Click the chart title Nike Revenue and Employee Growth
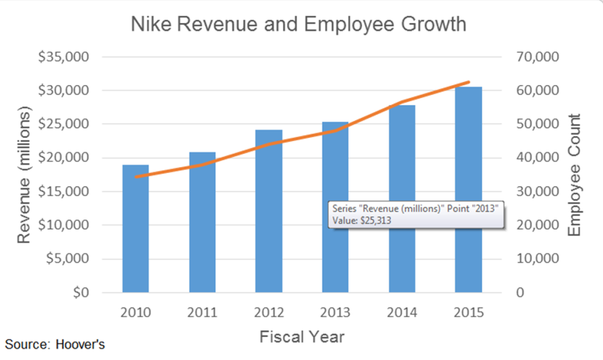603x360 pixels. (x=298, y=25)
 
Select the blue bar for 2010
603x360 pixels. (x=136, y=229)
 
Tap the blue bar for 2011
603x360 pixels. (x=202, y=223)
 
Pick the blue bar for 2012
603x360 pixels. (x=268, y=211)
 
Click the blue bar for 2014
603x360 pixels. (x=402, y=199)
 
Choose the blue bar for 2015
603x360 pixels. (x=468, y=190)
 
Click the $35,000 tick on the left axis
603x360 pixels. (x=63, y=57)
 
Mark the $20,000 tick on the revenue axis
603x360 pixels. (x=63, y=158)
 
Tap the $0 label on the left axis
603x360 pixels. (x=78, y=293)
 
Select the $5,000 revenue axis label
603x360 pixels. (x=66, y=259)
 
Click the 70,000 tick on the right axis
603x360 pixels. (x=535, y=57)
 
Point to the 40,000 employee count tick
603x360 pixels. (x=535, y=158)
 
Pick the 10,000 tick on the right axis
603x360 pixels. (x=535, y=259)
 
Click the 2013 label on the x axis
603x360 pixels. (x=335, y=313)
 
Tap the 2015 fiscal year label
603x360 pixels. (x=468, y=313)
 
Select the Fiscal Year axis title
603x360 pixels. (x=302, y=336)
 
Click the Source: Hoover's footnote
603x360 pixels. (x=55, y=345)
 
